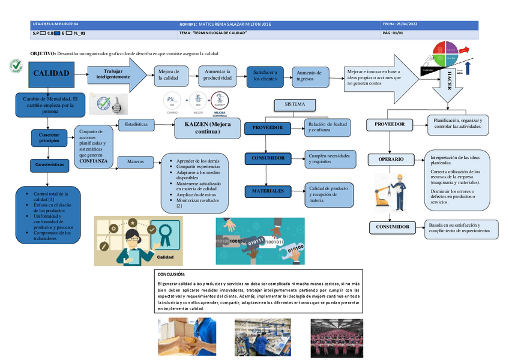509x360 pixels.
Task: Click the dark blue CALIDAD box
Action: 50,74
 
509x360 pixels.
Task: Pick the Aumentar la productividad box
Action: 218,74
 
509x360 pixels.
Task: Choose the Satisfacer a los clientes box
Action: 265,75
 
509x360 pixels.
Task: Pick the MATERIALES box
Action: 268,191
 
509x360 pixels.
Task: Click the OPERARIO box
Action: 391,160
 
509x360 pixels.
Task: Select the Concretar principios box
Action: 50,137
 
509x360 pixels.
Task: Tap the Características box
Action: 50,164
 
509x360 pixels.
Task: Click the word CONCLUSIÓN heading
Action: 171,274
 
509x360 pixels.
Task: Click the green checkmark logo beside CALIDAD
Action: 16,66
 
